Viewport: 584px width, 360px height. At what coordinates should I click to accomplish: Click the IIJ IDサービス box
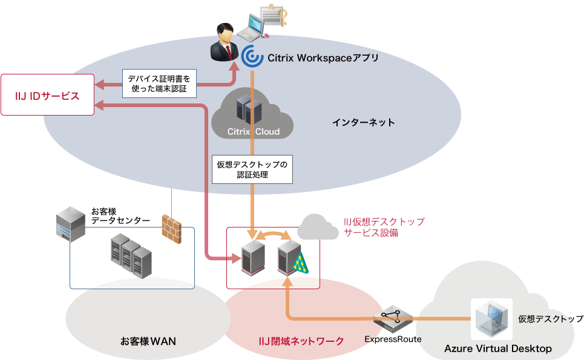(x=47, y=95)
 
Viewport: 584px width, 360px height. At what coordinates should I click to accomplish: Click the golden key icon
(x=279, y=15)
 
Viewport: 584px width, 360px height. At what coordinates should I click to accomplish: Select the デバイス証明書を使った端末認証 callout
(x=159, y=83)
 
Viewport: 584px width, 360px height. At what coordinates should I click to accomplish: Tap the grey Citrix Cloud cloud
(x=253, y=115)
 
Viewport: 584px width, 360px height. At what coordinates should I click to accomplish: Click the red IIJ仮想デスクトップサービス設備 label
(x=384, y=227)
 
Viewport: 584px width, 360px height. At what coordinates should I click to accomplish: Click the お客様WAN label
(x=148, y=341)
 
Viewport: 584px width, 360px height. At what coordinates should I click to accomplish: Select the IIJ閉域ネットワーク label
(x=301, y=341)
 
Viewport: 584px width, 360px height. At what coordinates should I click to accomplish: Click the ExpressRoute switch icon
(x=392, y=318)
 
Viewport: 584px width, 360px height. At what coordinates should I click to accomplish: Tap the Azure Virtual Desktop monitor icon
(x=491, y=318)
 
